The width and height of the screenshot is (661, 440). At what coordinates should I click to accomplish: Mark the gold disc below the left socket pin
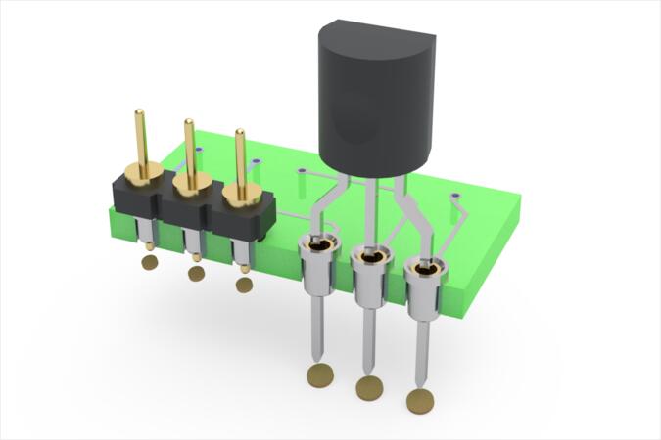[318, 374]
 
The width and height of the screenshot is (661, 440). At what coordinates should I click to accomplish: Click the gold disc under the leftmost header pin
[149, 262]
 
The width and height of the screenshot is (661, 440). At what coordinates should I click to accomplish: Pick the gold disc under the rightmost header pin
[244, 285]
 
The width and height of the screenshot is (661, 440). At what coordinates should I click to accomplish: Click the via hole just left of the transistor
[302, 172]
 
